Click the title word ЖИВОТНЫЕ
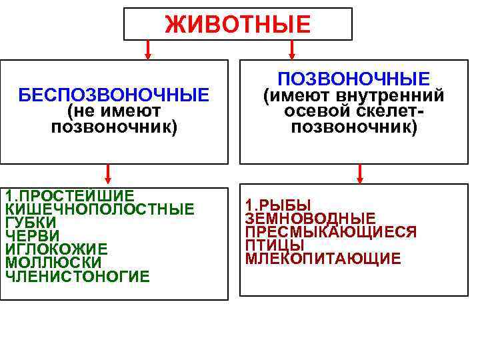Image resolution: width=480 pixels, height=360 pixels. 238,25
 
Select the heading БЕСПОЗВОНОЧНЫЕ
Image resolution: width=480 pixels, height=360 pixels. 113,95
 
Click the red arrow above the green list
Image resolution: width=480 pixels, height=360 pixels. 107,175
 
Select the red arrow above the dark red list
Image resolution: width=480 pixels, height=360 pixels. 359,173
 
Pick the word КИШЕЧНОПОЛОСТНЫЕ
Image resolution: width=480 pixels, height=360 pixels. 100,209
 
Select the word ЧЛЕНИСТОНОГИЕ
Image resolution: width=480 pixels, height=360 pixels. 77,276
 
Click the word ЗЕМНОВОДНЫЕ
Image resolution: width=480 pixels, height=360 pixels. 310,219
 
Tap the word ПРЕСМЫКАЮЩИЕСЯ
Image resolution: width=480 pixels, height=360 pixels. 331,232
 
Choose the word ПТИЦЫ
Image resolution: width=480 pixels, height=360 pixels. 275,245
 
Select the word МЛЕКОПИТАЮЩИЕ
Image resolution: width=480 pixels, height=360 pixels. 323,259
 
